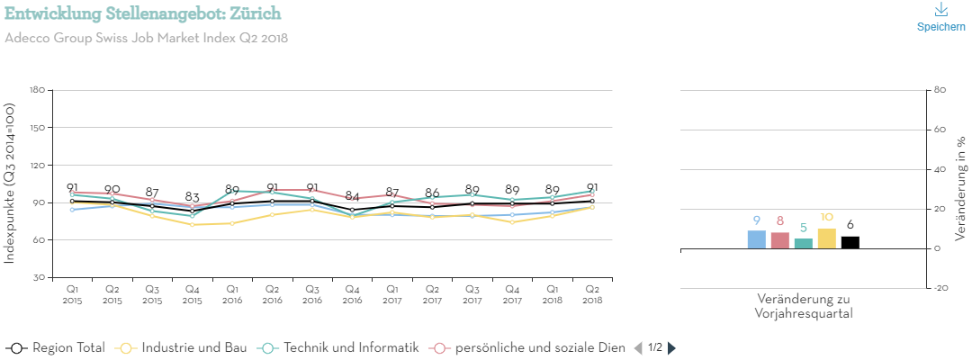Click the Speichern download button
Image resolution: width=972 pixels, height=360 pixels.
click(940, 17)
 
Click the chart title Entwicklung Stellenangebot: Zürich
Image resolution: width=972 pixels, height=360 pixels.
click(142, 13)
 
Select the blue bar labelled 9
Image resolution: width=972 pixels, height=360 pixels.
click(757, 239)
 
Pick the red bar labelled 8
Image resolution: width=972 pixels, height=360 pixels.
click(780, 240)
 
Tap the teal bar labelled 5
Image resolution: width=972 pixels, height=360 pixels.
click(804, 243)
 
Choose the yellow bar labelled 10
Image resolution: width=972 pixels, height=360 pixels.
click(827, 238)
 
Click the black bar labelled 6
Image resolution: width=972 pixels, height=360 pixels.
click(850, 242)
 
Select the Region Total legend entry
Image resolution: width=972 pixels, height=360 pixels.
click(56, 347)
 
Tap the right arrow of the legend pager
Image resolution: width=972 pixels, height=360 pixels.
click(671, 347)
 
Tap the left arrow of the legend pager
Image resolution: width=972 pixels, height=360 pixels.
click(638, 347)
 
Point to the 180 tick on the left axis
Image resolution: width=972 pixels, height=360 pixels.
click(37, 90)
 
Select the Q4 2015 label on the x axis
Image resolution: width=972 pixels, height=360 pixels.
click(192, 293)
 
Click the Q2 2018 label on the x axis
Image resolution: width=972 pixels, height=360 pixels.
click(591, 293)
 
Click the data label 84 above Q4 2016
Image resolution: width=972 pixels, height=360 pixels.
click(353, 196)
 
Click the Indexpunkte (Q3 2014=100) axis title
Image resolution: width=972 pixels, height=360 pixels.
click(10, 184)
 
